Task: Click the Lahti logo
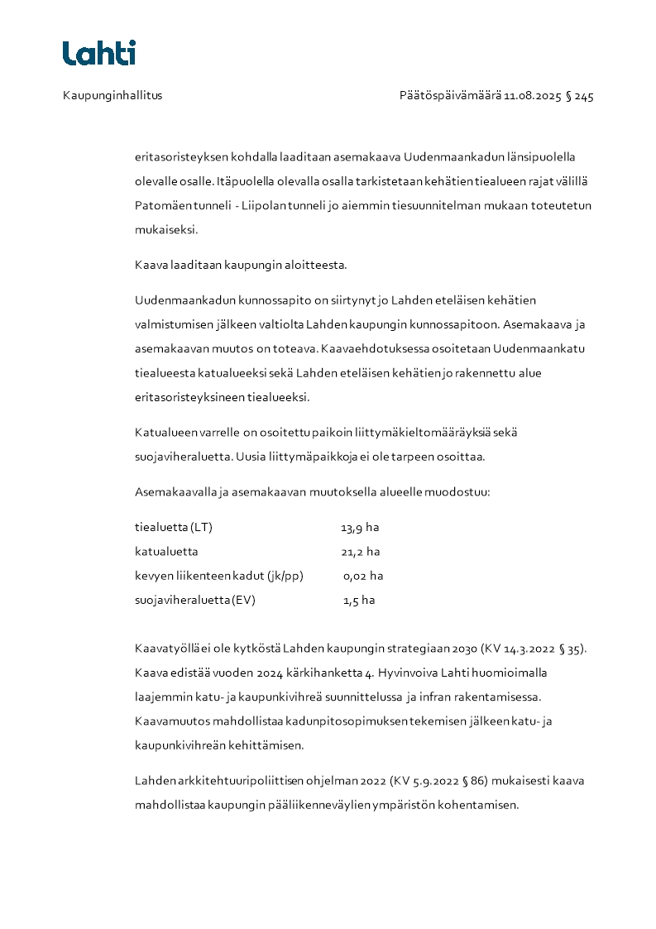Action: pos(99,53)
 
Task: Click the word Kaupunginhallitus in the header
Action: pos(113,96)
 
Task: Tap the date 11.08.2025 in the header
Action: pos(533,96)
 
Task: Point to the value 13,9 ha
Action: pos(360,528)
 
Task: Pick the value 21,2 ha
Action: pos(360,552)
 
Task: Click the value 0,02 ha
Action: pos(362,576)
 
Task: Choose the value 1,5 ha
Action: pos(359,601)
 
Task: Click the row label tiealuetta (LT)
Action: pos(168,528)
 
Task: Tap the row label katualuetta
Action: pos(166,552)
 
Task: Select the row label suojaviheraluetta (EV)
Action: pos(195,601)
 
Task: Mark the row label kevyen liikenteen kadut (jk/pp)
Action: pos(219,576)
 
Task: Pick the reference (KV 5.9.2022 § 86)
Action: pos(438,781)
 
